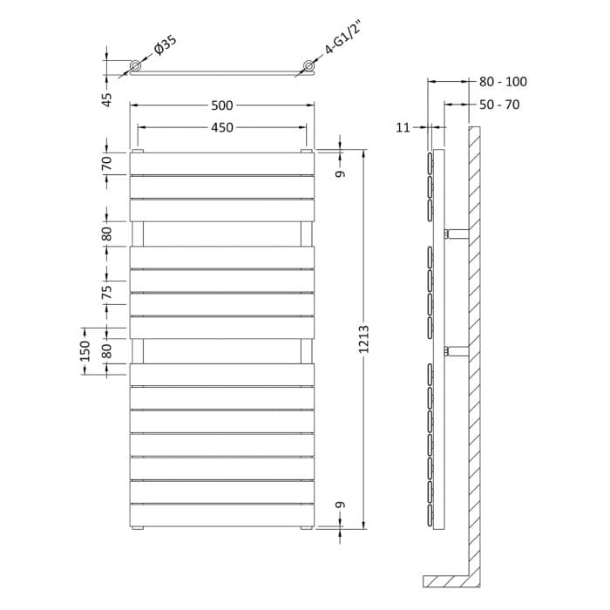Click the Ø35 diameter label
pyautogui.click(x=166, y=45)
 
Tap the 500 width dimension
pyautogui.click(x=222, y=105)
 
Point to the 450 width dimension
pyautogui.click(x=222, y=127)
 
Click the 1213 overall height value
pyautogui.click(x=363, y=339)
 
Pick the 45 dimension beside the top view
pyautogui.click(x=106, y=99)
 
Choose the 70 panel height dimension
pyautogui.click(x=106, y=164)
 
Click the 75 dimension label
pyautogui.click(x=106, y=292)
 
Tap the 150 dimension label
pyautogui.click(x=85, y=351)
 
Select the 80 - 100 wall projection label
pyautogui.click(x=503, y=82)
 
